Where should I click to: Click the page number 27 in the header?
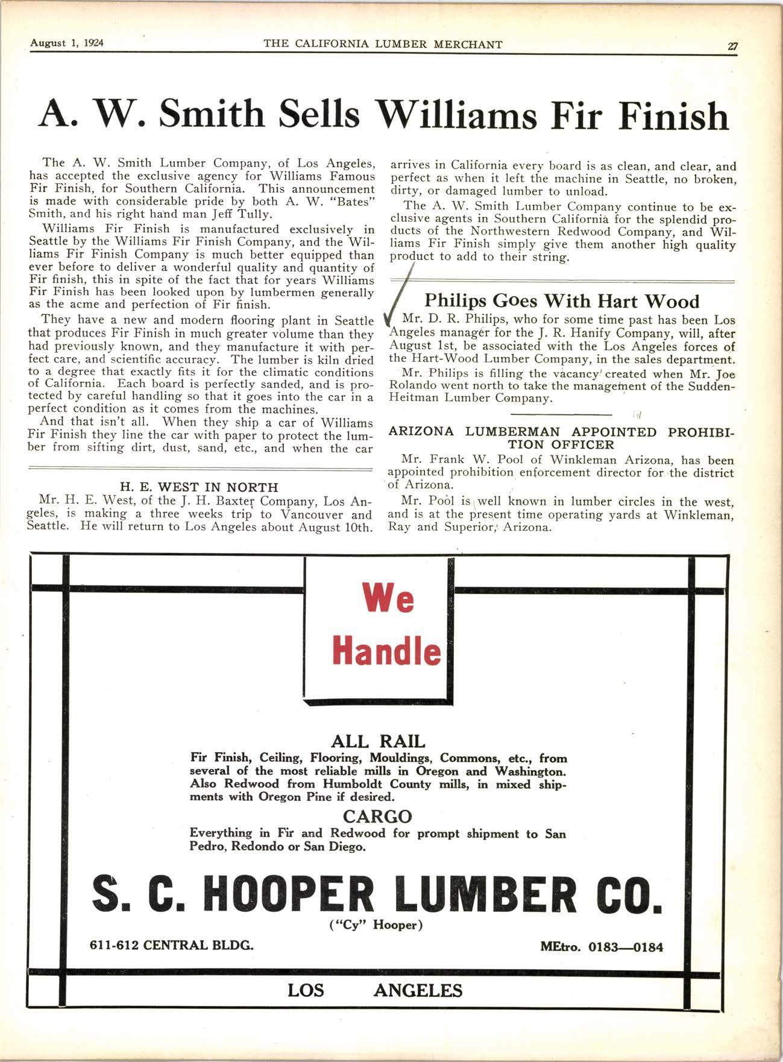[733, 46]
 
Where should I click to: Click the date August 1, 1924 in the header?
[67, 43]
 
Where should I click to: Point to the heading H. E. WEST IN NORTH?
[200, 487]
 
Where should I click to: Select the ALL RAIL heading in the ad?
[378, 741]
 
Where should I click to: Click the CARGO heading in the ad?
[377, 817]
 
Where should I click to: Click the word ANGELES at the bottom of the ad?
[418, 991]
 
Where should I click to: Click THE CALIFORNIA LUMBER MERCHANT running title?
[383, 44]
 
